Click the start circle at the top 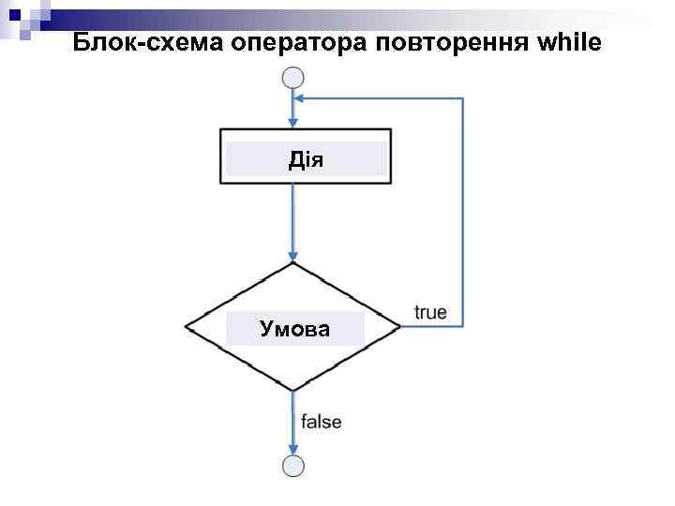pyautogui.click(x=293, y=79)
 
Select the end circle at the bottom pyautogui.click(x=293, y=465)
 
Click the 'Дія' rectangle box pyautogui.click(x=306, y=156)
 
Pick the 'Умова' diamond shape pyautogui.click(x=293, y=327)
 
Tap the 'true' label pyautogui.click(x=430, y=312)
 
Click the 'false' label pyautogui.click(x=322, y=422)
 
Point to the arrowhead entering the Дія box pyautogui.click(x=293, y=123)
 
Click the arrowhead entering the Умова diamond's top pyautogui.click(x=293, y=256)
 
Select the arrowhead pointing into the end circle pyautogui.click(x=293, y=449)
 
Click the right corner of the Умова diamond pyautogui.click(x=400, y=326)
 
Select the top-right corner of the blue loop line pyautogui.click(x=463, y=97)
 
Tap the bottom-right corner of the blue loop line pyautogui.click(x=463, y=326)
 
